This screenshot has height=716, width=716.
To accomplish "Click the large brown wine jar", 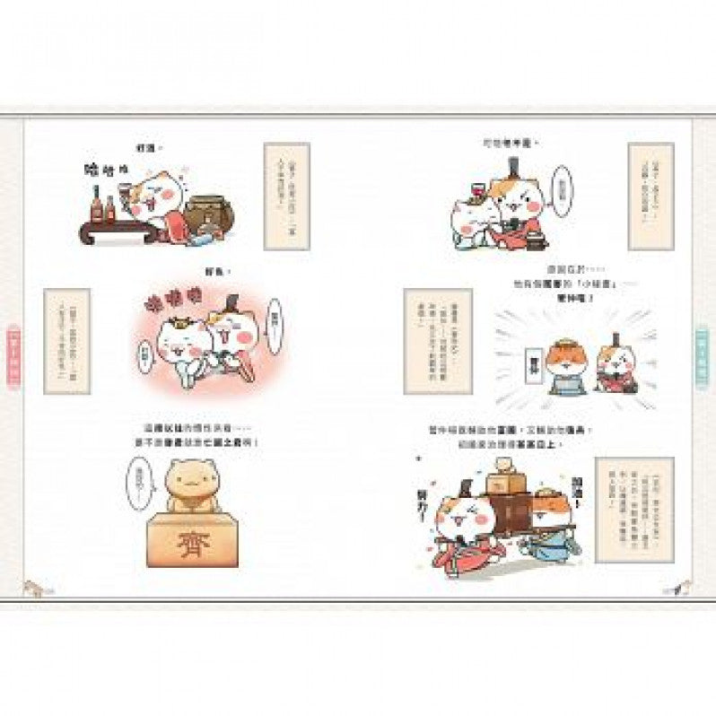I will coord(212,215).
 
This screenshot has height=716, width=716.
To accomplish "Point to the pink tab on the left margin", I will coord(13,355).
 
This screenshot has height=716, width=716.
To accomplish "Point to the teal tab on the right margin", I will coord(703,355).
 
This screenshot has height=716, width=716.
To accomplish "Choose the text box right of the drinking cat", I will coord(286,195).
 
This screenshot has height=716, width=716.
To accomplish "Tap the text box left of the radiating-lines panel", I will coord(437,340).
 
